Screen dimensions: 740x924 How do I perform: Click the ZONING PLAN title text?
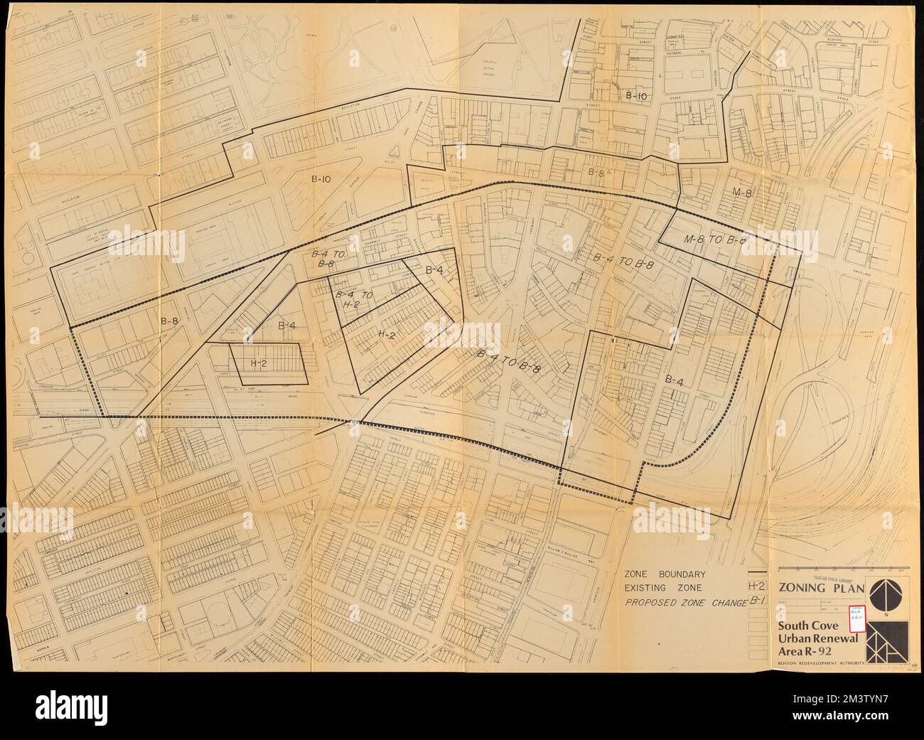pyautogui.click(x=821, y=589)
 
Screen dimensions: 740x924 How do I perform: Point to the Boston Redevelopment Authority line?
pyautogui.click(x=820, y=663)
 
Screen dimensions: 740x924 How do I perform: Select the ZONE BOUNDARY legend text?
pyautogui.click(x=665, y=574)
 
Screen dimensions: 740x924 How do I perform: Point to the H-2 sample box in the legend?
pyautogui.click(x=757, y=587)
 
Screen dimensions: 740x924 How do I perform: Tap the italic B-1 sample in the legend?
pyautogui.click(x=756, y=603)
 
